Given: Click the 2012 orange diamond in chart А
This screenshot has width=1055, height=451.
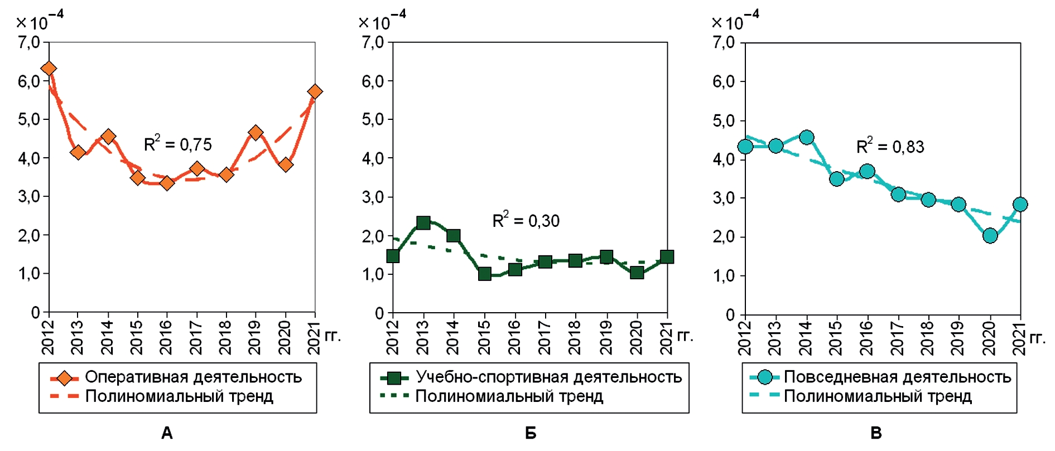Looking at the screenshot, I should [49, 69].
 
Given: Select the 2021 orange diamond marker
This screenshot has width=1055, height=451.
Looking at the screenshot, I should [315, 91].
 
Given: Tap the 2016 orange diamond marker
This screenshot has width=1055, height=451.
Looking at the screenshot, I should [167, 183].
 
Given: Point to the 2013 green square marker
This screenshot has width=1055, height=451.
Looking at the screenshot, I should [423, 223].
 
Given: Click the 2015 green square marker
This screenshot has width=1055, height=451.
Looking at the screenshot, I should [484, 274].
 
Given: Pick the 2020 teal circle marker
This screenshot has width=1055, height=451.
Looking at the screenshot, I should [990, 236].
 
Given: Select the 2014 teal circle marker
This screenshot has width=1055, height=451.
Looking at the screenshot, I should [806, 137].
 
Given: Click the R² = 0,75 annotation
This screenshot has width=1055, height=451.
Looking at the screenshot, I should [177, 144].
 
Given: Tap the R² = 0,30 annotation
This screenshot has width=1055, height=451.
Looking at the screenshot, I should [526, 221].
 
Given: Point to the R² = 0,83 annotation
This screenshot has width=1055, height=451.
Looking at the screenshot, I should [890, 147].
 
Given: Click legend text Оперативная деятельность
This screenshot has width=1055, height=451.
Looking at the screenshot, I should [193, 377].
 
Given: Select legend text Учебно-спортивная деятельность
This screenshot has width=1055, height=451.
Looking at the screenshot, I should [548, 377].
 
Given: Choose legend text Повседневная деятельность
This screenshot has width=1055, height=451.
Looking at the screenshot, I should [897, 377].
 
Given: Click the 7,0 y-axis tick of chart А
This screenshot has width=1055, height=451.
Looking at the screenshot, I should [29, 42].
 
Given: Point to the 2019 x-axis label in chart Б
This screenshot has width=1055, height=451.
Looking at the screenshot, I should [606, 338].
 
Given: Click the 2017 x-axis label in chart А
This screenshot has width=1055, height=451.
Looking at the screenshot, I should [196, 338].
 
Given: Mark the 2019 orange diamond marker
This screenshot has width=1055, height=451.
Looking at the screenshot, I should [256, 133].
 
